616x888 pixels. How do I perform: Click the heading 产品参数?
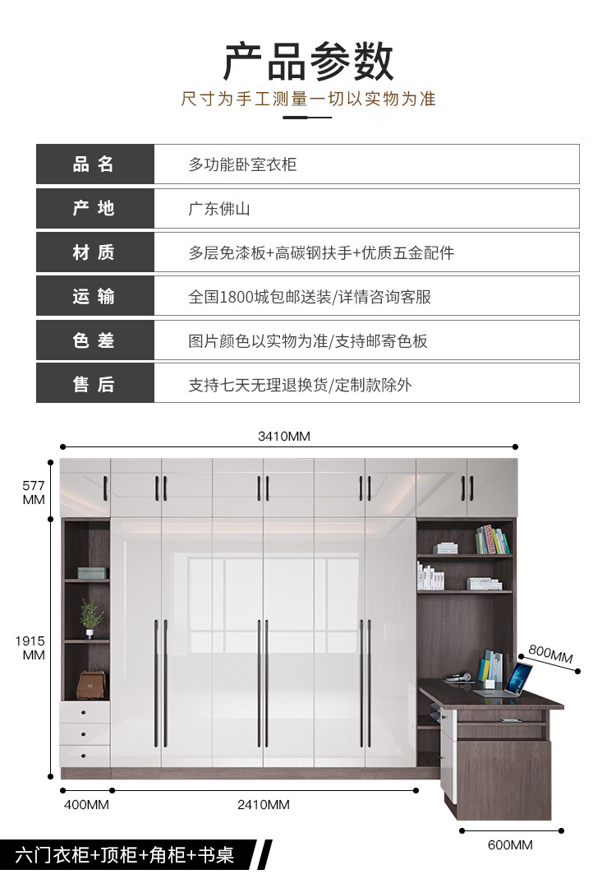(308, 62)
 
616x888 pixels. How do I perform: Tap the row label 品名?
(94, 164)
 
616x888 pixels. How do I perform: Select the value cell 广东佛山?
(218, 209)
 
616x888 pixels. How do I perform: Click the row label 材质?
(94, 252)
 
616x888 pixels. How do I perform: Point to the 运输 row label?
(94, 297)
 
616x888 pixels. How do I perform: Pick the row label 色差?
(94, 340)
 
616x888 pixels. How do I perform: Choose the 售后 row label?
(94, 384)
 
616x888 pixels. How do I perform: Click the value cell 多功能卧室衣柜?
(242, 164)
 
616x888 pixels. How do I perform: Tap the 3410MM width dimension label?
(284, 437)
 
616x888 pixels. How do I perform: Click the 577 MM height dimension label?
(33, 493)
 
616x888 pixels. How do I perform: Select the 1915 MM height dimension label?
(33, 647)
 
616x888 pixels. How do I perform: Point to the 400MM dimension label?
(86, 804)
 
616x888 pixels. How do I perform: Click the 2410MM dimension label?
(264, 804)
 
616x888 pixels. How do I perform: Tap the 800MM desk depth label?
(550, 654)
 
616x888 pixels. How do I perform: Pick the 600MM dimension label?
(509, 844)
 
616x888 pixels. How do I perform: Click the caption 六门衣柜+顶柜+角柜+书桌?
(123, 855)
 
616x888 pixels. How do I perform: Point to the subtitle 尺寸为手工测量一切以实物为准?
(308, 99)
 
